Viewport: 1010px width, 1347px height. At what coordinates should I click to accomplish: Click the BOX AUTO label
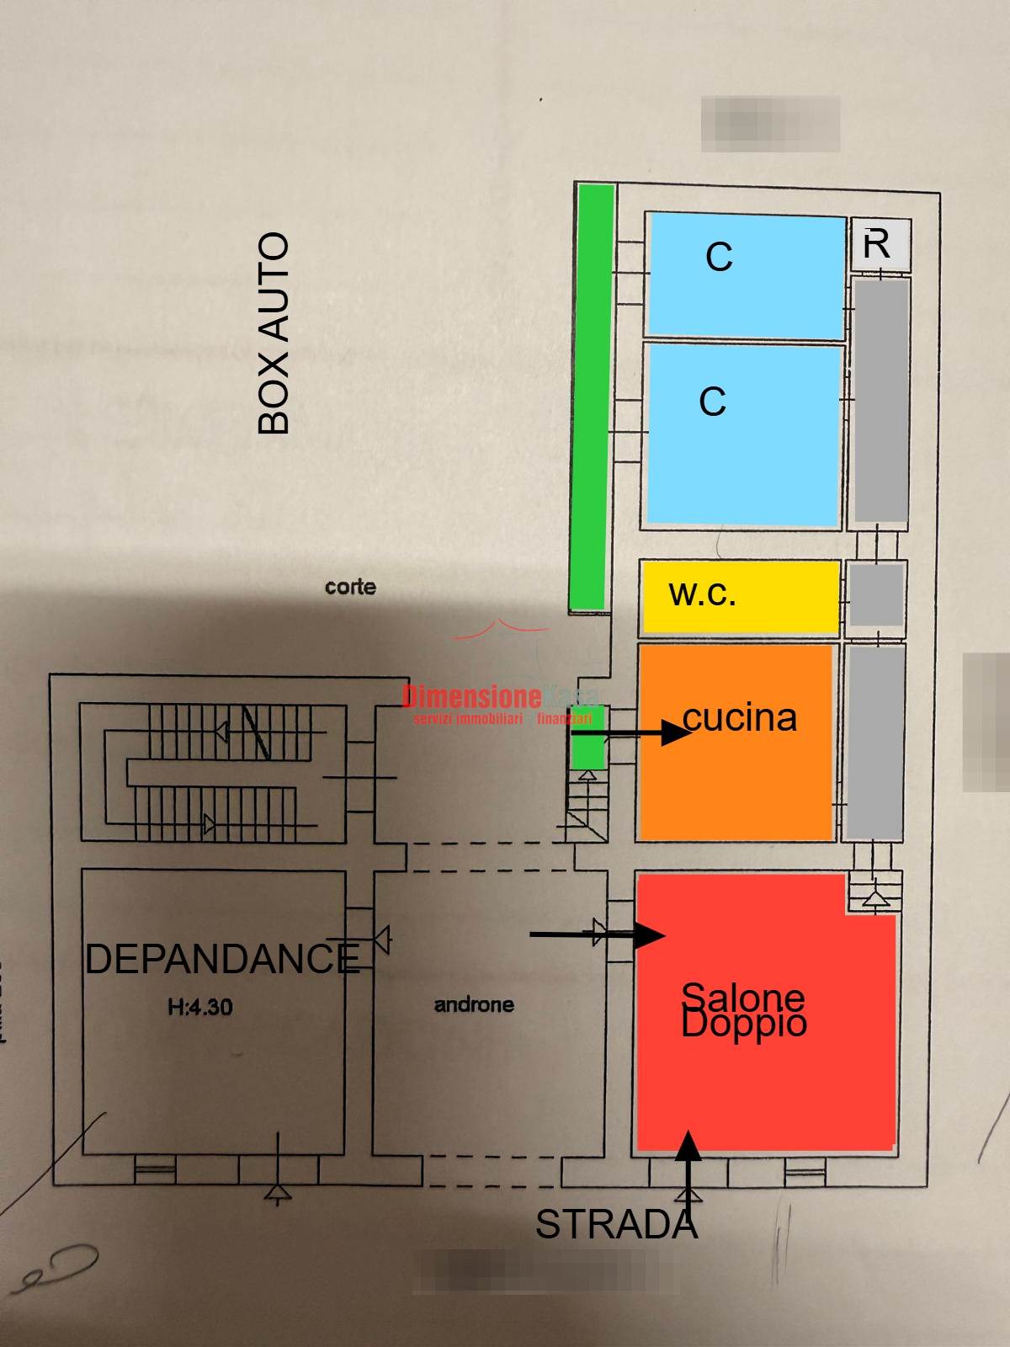point(274,333)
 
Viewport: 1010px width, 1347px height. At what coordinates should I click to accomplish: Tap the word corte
point(350,587)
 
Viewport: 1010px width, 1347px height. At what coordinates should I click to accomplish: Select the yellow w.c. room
point(740,596)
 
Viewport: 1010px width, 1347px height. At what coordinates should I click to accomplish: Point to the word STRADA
point(616,1225)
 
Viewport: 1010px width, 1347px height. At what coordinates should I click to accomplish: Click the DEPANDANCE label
point(222,959)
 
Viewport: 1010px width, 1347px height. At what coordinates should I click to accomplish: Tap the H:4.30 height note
point(200,1006)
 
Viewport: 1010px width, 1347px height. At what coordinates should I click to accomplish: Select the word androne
point(474,1004)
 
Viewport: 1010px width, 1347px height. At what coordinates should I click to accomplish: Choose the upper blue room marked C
point(746,275)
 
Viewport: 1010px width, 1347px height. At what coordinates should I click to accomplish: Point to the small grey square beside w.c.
point(875,595)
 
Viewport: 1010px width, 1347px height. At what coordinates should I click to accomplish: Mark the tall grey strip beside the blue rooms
point(881,400)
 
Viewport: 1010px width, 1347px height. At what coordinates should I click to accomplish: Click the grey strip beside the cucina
point(874,741)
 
